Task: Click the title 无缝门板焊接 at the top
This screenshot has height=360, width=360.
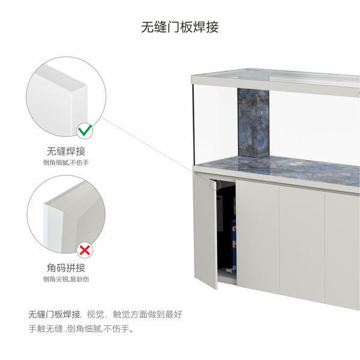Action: (180, 27)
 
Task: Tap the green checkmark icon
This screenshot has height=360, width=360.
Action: (85, 131)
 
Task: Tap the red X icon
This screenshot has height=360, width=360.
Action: (85, 250)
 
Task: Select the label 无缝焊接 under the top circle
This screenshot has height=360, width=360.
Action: (66, 151)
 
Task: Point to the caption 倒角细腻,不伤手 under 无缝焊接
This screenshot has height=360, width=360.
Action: (66, 163)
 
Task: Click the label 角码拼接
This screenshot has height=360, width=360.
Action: (66, 268)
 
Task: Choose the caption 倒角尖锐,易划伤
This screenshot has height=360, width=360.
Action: (66, 279)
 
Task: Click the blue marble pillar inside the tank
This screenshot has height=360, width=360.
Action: (253, 123)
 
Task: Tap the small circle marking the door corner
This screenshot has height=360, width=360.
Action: (215, 184)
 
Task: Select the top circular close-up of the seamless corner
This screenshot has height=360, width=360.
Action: (66, 97)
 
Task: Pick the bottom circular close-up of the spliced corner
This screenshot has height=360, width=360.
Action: (66, 214)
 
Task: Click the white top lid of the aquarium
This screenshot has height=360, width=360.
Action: (275, 80)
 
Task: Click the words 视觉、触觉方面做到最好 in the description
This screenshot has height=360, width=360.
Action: (134, 314)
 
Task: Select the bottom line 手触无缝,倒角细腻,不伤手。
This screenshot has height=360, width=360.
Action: (81, 329)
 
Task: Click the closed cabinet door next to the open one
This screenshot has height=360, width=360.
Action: (257, 236)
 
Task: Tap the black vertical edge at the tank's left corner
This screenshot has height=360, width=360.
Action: (194, 124)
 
